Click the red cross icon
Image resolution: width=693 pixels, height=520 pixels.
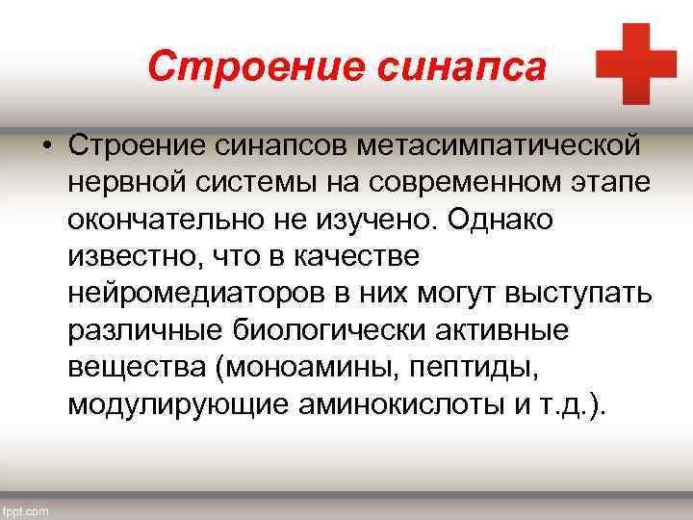point(636,64)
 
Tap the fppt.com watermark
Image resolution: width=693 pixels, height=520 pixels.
point(26,510)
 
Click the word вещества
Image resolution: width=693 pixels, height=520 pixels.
point(126,367)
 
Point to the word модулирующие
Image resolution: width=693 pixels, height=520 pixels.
point(177,403)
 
